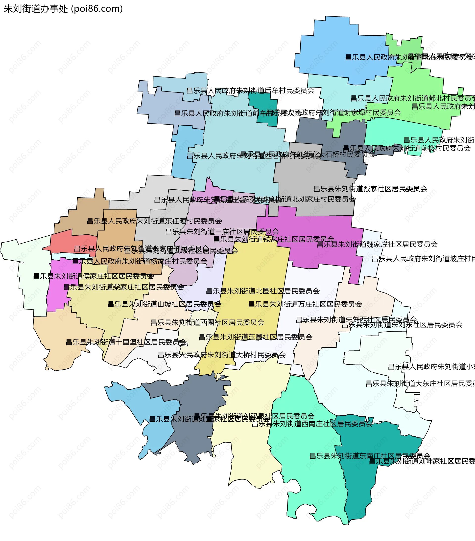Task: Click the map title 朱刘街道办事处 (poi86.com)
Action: (63, 9)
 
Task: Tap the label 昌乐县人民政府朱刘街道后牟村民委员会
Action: (250, 91)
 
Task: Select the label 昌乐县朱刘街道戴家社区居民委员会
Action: (370, 189)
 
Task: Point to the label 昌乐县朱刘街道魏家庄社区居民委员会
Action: (377, 244)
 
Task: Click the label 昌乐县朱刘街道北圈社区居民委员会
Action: (263, 291)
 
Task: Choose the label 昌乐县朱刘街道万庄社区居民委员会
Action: (305, 304)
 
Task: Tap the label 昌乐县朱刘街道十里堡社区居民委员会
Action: (126, 342)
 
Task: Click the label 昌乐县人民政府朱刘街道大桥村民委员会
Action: (222, 355)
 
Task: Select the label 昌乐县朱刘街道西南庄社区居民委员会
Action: (312, 424)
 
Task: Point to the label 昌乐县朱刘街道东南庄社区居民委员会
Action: (370, 456)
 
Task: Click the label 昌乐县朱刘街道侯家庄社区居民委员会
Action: (93, 276)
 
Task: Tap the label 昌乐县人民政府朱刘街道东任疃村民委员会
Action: (154, 221)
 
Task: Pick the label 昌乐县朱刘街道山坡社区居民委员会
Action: (164, 304)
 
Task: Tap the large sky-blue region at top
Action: (342, 45)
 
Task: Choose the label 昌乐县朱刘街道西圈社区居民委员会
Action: (207, 322)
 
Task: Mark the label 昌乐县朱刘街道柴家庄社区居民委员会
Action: (124, 287)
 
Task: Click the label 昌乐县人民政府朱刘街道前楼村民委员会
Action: (407, 148)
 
